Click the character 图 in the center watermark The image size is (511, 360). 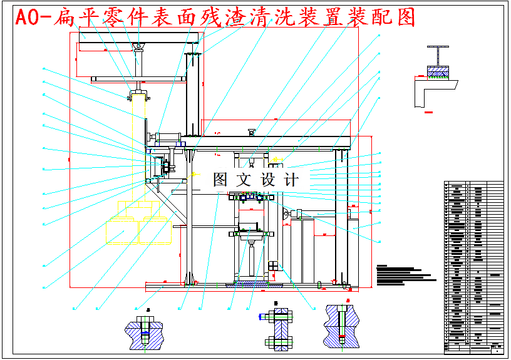pos(220,180)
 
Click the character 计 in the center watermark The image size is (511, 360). pos(291,180)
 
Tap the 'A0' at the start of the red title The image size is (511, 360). pos(27,18)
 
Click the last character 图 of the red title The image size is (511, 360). pos(406,18)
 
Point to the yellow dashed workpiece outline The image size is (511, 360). pos(134,224)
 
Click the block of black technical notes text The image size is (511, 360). pos(404,274)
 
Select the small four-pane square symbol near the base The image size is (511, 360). pos(272,266)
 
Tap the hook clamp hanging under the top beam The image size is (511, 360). pos(138,95)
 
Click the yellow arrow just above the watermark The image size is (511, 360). pos(277,160)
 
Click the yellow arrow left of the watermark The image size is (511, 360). pos(195,174)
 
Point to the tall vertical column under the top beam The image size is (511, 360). pos(192,94)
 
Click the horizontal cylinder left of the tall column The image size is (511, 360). pos(167,137)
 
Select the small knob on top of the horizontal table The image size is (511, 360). pos(252,131)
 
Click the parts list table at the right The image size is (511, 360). pos(473,267)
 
